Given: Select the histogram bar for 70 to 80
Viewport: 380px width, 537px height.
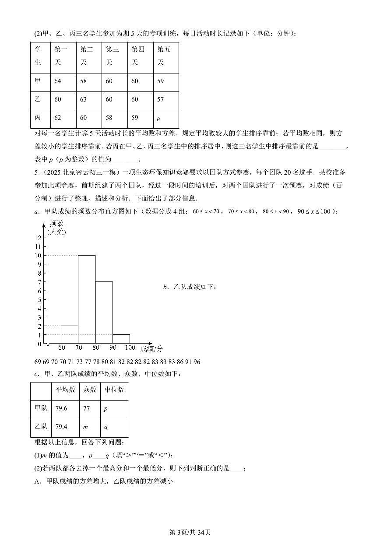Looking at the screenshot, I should click(x=87, y=299).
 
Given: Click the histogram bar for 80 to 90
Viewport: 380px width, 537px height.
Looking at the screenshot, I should click(x=104, y=312).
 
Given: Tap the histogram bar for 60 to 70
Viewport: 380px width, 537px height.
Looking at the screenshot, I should click(x=69, y=334).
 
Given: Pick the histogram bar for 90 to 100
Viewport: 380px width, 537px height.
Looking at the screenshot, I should click(x=121, y=339).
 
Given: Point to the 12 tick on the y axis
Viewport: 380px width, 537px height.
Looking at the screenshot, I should click(x=38, y=238).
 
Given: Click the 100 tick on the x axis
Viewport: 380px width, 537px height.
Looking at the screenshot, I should click(x=130, y=348).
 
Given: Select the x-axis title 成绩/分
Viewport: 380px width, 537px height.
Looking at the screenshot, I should click(x=151, y=349).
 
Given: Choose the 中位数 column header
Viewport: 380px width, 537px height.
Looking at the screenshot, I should click(x=114, y=390).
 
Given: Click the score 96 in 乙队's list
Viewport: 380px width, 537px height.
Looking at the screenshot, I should click(x=197, y=362).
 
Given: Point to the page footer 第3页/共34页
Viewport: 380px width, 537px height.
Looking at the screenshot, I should click(x=190, y=532).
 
